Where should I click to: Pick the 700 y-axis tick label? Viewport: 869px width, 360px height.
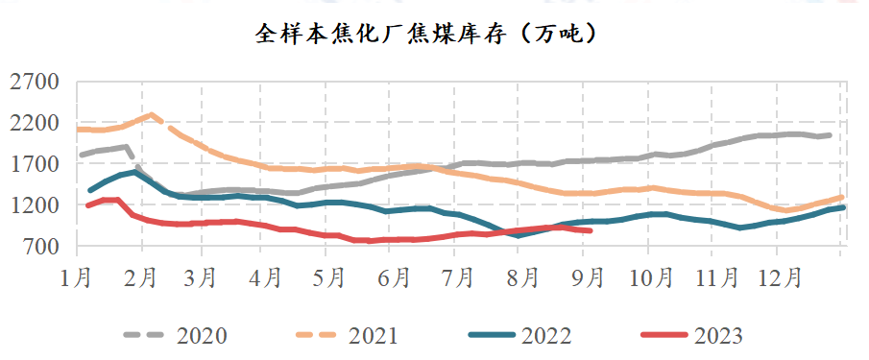40,247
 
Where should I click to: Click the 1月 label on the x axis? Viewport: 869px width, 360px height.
77,278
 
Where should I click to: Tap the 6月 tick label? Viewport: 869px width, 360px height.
395,278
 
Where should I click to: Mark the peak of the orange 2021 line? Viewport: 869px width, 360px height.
151,114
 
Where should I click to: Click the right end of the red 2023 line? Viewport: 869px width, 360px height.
590,230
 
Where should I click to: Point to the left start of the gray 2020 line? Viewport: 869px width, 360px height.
82,154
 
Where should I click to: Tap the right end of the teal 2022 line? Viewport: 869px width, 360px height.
842,207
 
